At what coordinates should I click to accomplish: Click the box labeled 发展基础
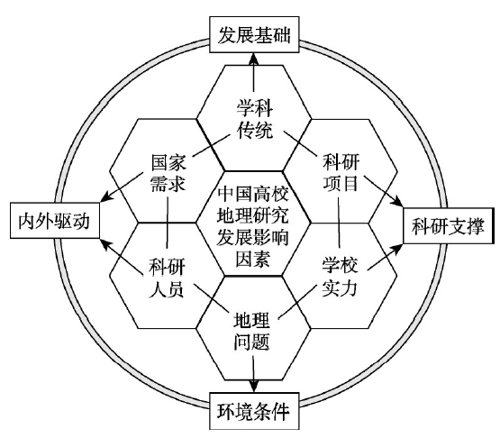point(254,34)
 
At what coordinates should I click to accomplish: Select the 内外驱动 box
point(55,221)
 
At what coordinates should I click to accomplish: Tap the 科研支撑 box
point(448,225)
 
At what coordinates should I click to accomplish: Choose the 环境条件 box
point(254,411)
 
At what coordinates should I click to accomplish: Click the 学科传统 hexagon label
point(254,119)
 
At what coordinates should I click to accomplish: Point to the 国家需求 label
point(168,173)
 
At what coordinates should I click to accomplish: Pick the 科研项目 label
point(341,172)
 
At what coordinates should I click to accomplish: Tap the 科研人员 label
point(167,278)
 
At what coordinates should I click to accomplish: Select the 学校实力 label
point(340,277)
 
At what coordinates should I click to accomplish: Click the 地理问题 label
point(251,331)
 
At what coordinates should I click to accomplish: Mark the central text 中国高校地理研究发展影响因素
point(253,226)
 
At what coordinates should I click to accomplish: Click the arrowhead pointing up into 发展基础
point(254,59)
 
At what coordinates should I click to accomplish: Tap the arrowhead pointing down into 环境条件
point(254,387)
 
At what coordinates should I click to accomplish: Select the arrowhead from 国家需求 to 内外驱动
point(106,196)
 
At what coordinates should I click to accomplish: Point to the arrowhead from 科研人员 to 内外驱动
point(105,244)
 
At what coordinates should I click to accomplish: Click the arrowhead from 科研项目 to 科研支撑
point(397,202)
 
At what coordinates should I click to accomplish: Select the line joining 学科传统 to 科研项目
point(300,144)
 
